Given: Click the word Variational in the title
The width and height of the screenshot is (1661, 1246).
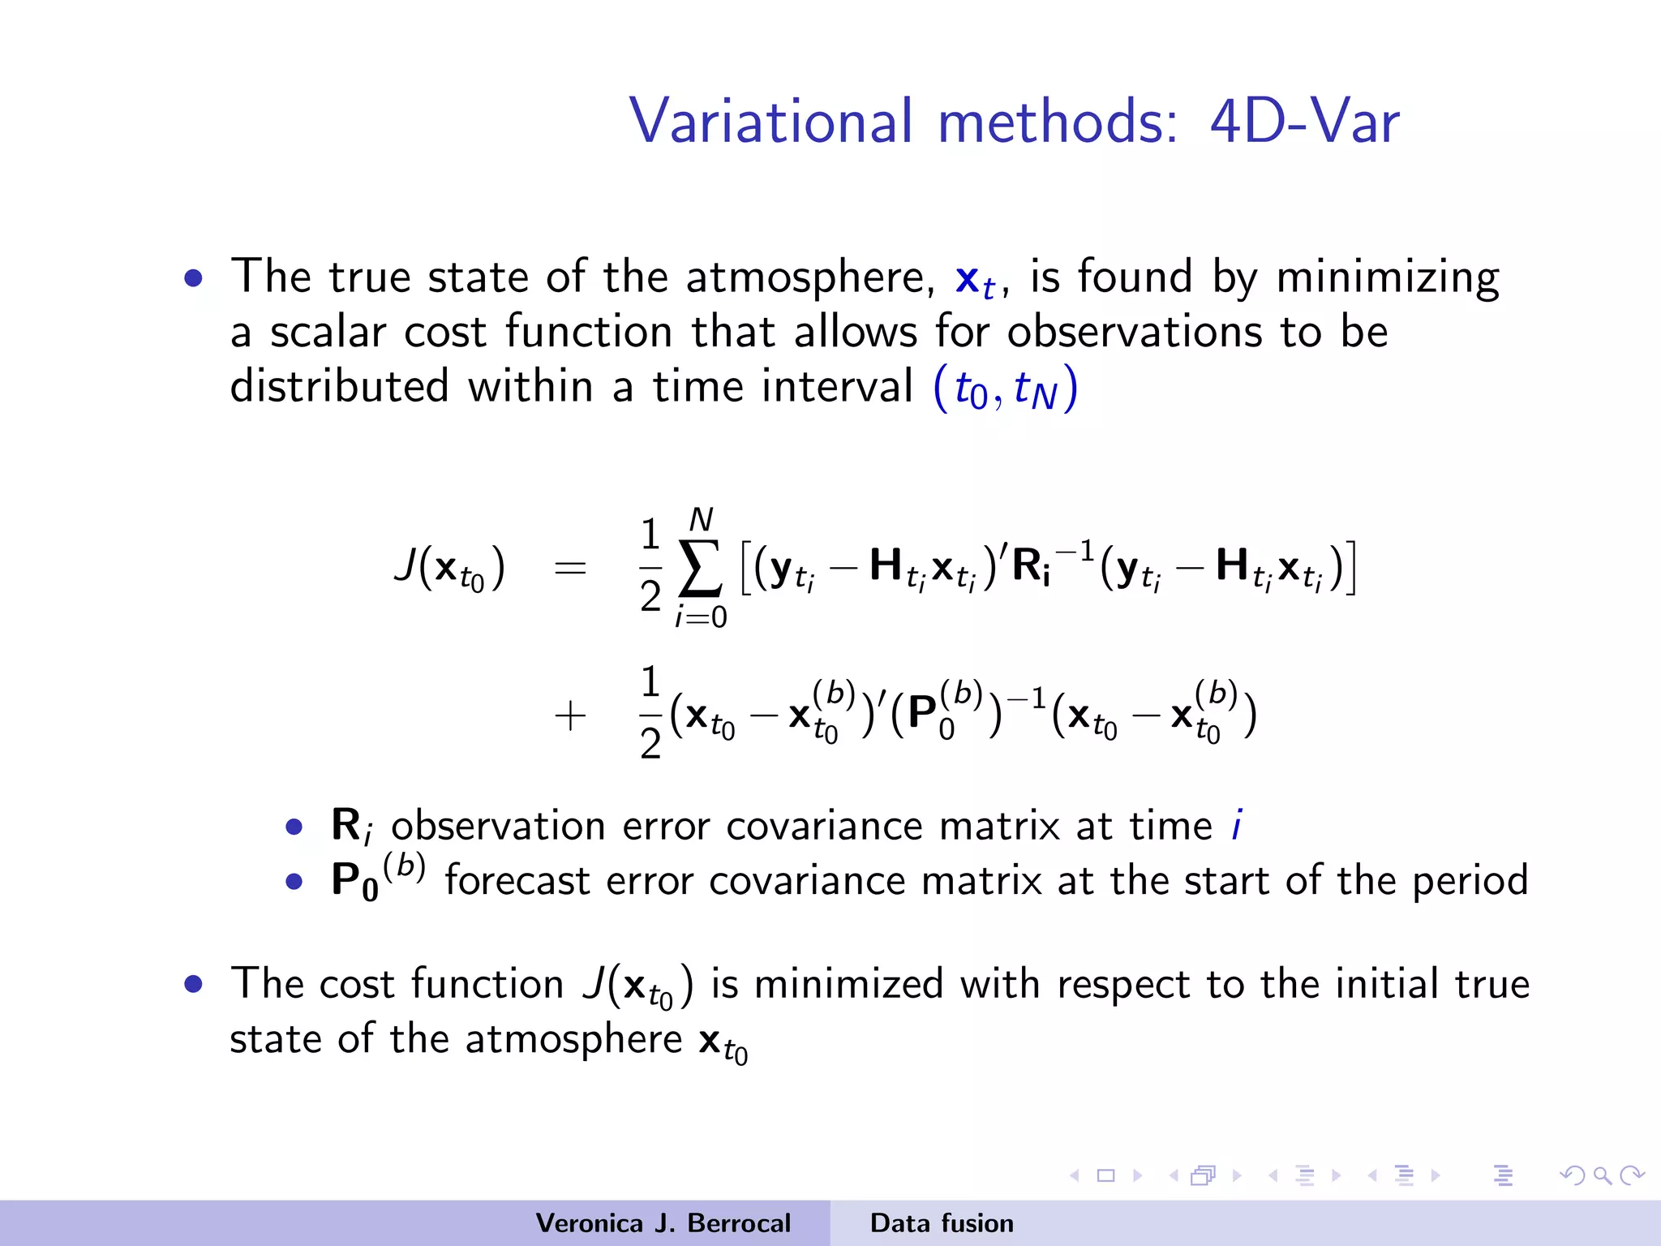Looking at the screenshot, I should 770,122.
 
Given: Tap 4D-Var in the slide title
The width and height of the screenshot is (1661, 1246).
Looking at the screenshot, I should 1304,122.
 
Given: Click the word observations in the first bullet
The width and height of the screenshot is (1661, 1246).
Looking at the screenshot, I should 1135,332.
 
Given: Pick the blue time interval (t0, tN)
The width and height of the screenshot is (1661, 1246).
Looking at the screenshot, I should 1006,389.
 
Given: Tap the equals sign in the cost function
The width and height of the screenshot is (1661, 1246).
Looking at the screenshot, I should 569,567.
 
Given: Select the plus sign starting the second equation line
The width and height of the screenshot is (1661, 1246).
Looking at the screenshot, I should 569,716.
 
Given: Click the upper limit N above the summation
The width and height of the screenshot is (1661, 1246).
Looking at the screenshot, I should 701,519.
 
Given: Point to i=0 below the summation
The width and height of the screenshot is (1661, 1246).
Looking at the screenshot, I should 701,617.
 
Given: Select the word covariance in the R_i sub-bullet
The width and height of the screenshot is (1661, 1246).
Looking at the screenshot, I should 823,827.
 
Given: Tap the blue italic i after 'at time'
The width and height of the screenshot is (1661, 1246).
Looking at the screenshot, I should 1236,826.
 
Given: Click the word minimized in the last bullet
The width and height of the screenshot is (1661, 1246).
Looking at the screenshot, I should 848,984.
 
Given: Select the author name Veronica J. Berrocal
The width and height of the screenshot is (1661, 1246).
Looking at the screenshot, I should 663,1223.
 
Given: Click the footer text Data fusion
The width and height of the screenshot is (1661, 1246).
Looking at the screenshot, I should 942,1223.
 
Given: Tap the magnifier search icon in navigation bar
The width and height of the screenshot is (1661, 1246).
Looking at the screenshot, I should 1602,1175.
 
